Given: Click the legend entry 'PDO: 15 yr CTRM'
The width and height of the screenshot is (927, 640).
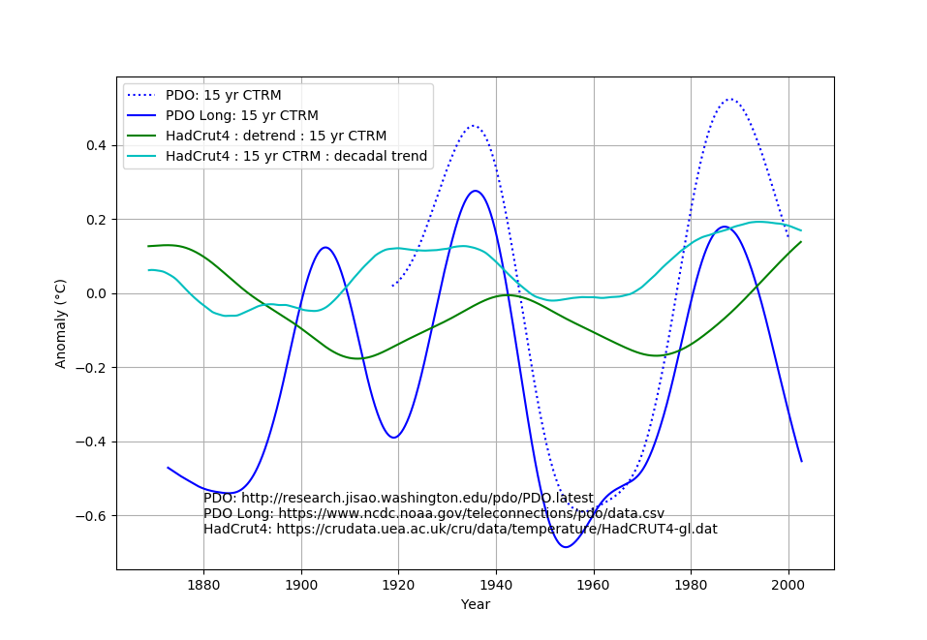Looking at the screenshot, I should (223, 96).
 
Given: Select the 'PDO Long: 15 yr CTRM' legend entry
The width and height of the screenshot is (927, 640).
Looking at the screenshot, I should (241, 116).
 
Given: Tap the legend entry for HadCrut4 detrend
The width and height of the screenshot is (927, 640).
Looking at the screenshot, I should (275, 137).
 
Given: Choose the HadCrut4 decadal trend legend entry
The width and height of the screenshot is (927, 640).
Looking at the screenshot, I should (296, 157).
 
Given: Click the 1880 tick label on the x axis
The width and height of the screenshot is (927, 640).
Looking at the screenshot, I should (203, 584).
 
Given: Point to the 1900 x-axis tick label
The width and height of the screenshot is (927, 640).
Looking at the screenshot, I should (301, 584).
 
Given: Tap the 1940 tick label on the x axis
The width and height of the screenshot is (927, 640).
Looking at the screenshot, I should (496, 584).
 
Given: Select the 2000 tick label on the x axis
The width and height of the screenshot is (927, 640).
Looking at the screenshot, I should (788, 584).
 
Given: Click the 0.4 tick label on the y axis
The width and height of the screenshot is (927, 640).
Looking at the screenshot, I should (95, 146).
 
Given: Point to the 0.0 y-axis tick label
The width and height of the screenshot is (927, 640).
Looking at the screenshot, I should (95, 294).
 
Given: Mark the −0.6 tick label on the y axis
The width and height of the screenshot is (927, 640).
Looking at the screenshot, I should (90, 516).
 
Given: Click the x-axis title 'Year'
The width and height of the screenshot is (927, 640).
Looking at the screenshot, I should (475, 605).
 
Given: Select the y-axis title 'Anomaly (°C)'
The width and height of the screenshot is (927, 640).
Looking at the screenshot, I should (61, 323).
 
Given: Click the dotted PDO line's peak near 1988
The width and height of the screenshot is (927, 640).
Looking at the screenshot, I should (730, 99).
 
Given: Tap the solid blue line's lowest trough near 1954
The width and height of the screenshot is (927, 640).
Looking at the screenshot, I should (566, 547).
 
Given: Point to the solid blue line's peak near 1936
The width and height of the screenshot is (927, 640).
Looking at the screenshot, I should (476, 191).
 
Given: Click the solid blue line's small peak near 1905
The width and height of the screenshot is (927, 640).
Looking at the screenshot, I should (325, 247).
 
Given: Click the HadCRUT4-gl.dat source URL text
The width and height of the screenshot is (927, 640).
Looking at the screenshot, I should (460, 530).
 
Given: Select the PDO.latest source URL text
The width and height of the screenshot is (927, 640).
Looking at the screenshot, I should (398, 499).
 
